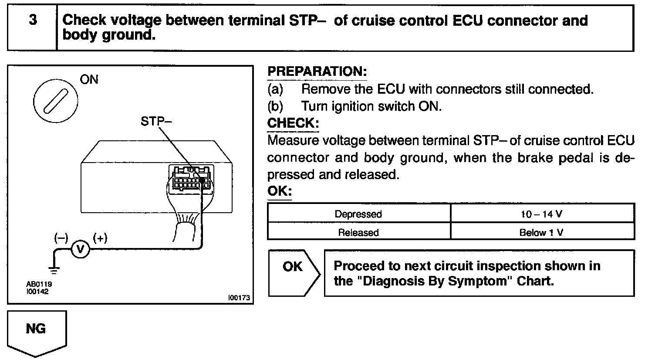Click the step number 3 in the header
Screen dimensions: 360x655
tap(33, 20)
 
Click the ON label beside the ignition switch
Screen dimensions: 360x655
tap(89, 79)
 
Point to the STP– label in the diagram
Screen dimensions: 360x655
tap(156, 121)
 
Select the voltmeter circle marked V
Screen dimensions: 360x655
tap(80, 249)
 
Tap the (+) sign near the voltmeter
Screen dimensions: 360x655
tap(100, 238)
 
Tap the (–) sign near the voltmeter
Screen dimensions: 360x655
tap(61, 238)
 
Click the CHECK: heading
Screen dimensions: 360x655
tap(293, 123)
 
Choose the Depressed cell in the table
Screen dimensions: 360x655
tap(358, 214)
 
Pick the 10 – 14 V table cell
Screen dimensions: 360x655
tap(541, 214)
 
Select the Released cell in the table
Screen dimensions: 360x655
tap(358, 232)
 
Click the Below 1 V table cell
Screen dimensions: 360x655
tap(541, 232)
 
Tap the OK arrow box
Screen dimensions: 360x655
tap(293, 273)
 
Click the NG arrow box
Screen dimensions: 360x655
tap(37, 329)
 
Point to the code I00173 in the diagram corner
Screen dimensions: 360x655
tap(239, 298)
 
